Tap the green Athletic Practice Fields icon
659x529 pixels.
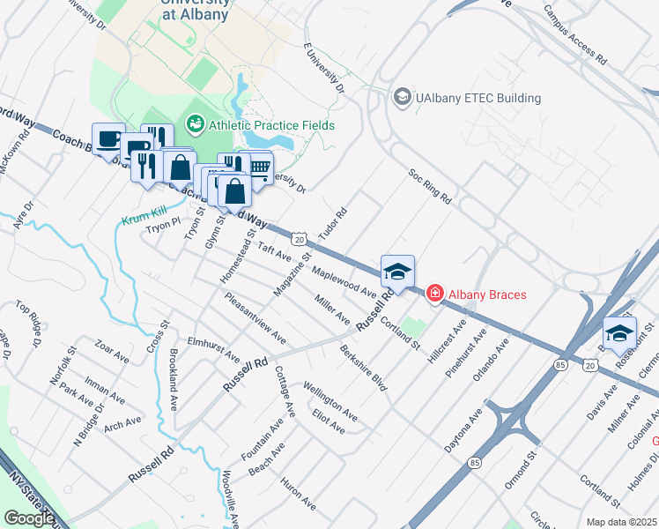[x=194, y=125]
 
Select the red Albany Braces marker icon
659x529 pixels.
[x=434, y=294]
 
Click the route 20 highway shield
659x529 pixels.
[x=300, y=239]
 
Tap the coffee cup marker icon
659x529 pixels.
[x=108, y=140]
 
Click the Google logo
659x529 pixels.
[x=29, y=518]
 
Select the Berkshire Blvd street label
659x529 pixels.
[x=363, y=369]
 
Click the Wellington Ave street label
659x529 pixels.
[x=330, y=401]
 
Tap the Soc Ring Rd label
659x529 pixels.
[x=429, y=187]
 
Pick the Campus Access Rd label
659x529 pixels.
[x=574, y=36]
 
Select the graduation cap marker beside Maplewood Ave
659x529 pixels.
[x=397, y=272]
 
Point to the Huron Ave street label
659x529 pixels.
[x=298, y=494]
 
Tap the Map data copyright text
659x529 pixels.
[x=621, y=522]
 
